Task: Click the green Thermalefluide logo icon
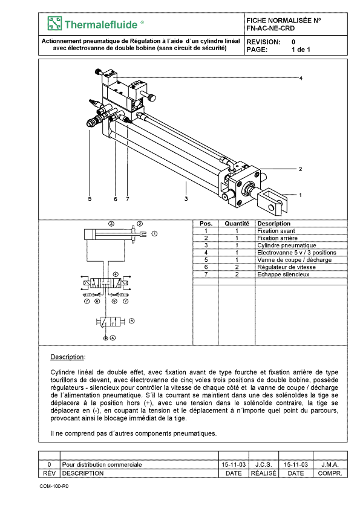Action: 54,24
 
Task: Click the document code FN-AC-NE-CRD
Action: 270,28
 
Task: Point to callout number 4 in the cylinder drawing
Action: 301,78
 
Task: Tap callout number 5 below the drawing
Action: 90,199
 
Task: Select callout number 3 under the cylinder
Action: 186,199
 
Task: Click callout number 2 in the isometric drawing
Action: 300,169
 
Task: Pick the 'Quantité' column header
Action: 237,224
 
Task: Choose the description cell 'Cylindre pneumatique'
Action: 287,245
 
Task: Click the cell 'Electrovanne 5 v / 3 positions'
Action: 296,253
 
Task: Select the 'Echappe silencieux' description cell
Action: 283,274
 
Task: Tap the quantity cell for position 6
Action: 237,267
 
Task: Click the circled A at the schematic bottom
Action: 113,338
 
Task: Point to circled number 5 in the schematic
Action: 131,321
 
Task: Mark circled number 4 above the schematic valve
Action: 116,274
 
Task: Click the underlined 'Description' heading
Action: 67,357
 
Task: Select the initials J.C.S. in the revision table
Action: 264,464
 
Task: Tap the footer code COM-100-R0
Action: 54,486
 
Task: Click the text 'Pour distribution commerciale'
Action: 102,464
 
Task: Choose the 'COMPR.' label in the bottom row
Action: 330,473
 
